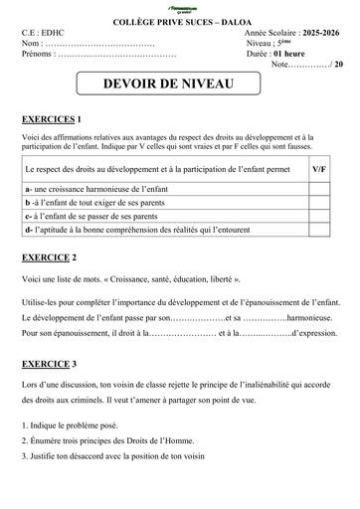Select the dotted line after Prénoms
pyautogui.click(x=117, y=55)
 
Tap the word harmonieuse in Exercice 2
pyautogui.click(x=302, y=317)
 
